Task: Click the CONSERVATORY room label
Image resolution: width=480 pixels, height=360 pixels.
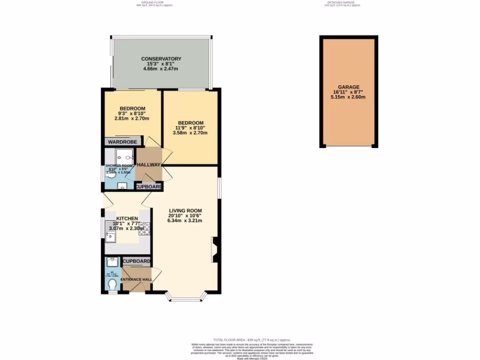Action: [x=161, y=59]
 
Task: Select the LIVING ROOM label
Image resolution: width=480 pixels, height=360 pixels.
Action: [x=185, y=210]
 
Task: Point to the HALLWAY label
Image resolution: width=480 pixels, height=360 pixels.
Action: [x=149, y=165]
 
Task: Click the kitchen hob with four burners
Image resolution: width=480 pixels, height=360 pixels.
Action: [x=144, y=228]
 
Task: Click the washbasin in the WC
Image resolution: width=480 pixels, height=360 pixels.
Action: [x=112, y=262]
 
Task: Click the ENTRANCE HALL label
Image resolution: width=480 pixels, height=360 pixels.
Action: [x=136, y=280]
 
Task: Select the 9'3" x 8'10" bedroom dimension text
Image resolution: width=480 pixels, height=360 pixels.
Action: [x=132, y=113]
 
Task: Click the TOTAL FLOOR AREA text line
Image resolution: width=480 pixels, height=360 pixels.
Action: [x=252, y=340]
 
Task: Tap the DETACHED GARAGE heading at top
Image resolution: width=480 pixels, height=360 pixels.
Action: [x=344, y=2]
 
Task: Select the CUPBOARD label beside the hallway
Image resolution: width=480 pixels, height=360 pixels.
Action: [x=149, y=187]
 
